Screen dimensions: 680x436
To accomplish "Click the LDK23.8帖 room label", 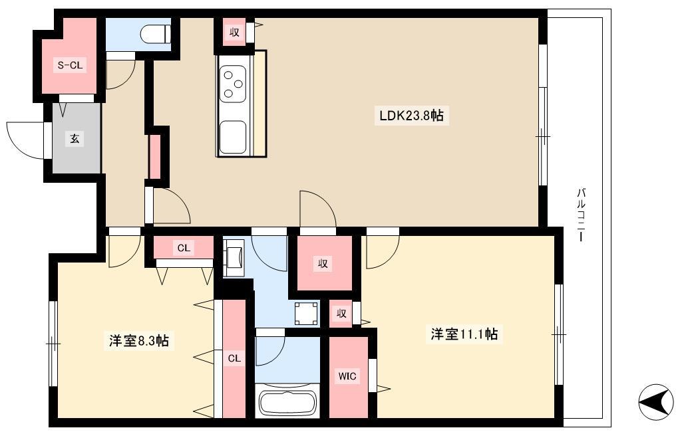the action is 411,116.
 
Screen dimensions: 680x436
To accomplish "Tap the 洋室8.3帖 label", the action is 139,341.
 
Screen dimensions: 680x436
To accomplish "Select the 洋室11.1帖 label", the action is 464,334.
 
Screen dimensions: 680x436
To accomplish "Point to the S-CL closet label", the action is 71,65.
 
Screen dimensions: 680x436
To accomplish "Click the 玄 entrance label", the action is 75,139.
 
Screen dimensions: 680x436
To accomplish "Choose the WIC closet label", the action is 347,376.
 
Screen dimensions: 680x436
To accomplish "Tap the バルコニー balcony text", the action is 581,215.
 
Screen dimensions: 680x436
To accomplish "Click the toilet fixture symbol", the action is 156,33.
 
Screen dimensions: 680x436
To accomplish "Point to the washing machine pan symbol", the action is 306,313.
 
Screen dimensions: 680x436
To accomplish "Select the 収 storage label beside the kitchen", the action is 234,32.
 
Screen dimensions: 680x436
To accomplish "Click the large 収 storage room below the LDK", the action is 323,263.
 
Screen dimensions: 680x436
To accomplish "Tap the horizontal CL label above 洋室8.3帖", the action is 184,248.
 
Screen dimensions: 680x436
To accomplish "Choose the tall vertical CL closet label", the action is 234,358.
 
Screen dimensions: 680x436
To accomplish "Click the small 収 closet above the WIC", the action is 341,313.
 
